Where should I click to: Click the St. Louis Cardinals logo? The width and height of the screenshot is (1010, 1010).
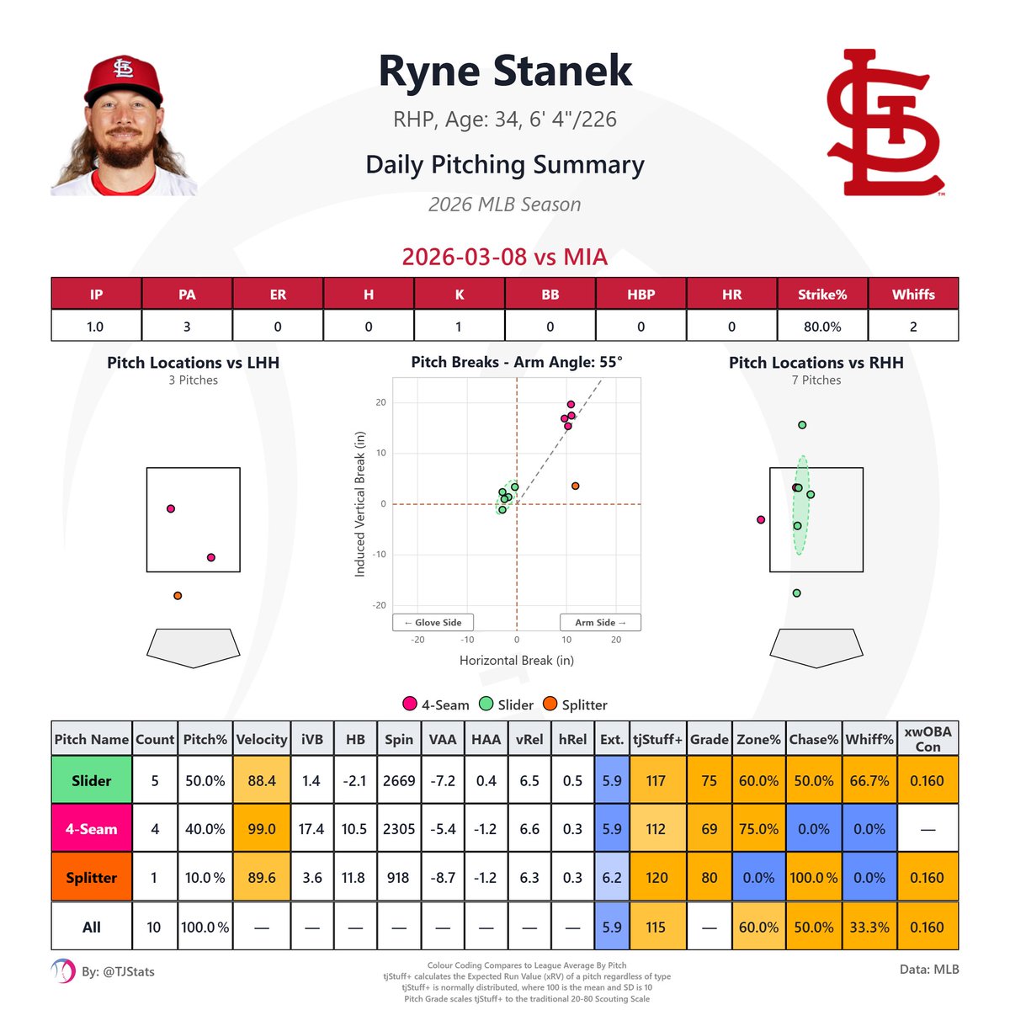pos(884,124)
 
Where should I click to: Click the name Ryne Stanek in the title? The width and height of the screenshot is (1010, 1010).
pos(505,71)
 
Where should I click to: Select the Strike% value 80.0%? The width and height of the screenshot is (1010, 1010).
pos(821,327)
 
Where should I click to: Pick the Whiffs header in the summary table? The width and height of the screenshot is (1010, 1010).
pos(913,295)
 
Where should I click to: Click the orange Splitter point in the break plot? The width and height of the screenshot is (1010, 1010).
pos(575,486)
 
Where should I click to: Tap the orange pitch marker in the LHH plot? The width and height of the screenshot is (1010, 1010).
pos(178,596)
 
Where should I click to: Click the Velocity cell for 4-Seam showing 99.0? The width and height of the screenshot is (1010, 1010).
pos(262,829)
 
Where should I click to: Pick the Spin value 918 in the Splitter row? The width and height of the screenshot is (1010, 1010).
pos(398,878)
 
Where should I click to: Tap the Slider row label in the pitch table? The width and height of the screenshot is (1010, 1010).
pos(91,780)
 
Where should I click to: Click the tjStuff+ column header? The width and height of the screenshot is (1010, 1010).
pos(656,739)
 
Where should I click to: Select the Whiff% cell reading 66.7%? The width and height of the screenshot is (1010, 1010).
pos(869,780)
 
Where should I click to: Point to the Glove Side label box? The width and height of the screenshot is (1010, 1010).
pos(433,622)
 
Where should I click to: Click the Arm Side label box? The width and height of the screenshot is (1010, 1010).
pos(600,622)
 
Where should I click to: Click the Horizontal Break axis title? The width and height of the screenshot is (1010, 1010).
pos(516,661)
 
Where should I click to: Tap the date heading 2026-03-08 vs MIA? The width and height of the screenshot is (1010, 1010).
pos(505,257)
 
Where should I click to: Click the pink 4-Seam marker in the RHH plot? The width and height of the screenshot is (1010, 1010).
pos(761,520)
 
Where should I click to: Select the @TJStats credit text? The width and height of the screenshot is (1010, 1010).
pos(118,971)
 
